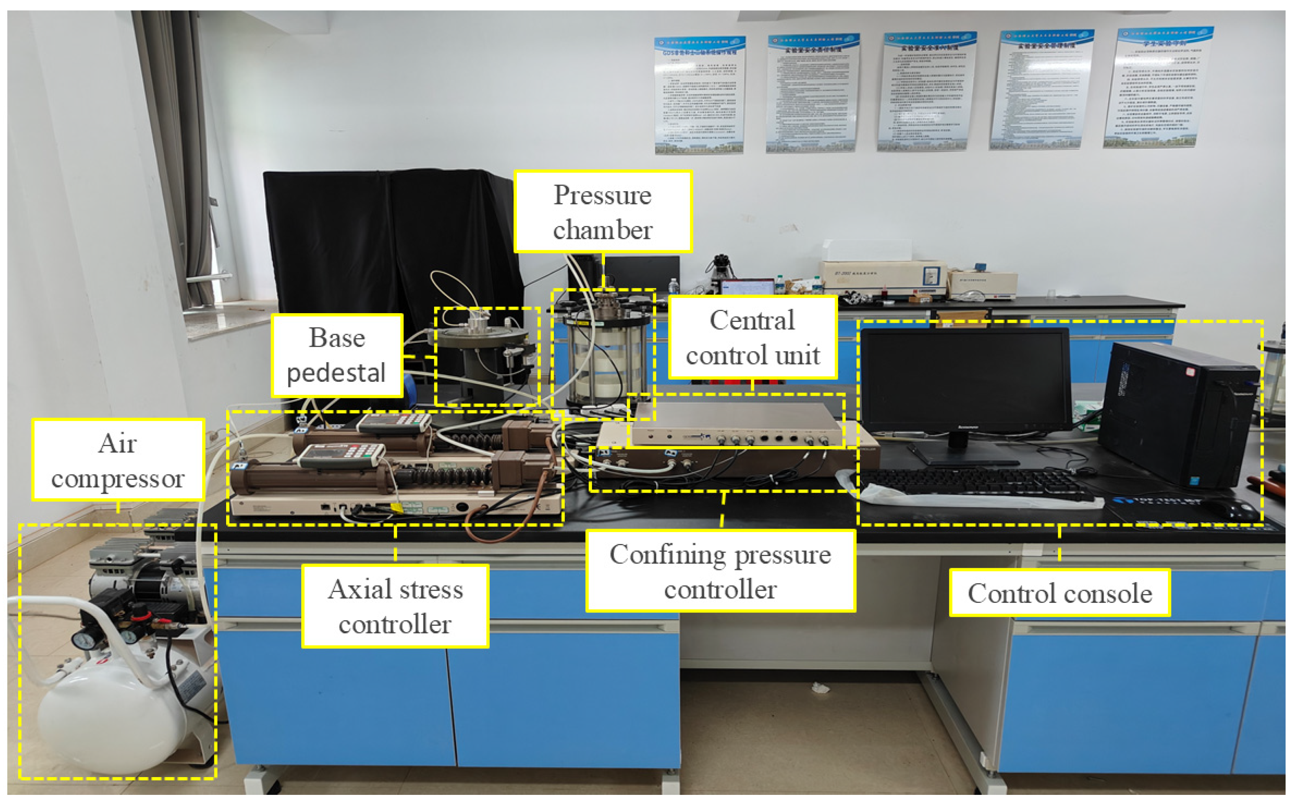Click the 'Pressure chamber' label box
(x=602, y=212)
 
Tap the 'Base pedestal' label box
(x=336, y=355)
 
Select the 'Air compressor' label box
(x=118, y=460)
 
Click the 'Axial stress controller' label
(x=395, y=606)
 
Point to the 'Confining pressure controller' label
(x=720, y=571)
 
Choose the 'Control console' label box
(x=1059, y=593)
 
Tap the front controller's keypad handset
(x=340, y=455)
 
